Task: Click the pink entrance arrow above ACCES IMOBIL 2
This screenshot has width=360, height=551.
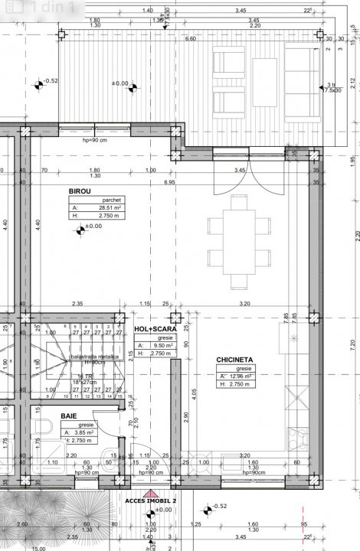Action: pos(152,495)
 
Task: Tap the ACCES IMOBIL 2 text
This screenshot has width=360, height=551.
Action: pos(151,501)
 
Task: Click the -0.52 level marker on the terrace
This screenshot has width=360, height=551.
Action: pos(47,81)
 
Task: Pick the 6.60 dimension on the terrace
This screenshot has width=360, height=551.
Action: pos(191,38)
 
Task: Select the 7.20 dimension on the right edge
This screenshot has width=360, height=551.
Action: pos(353,344)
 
